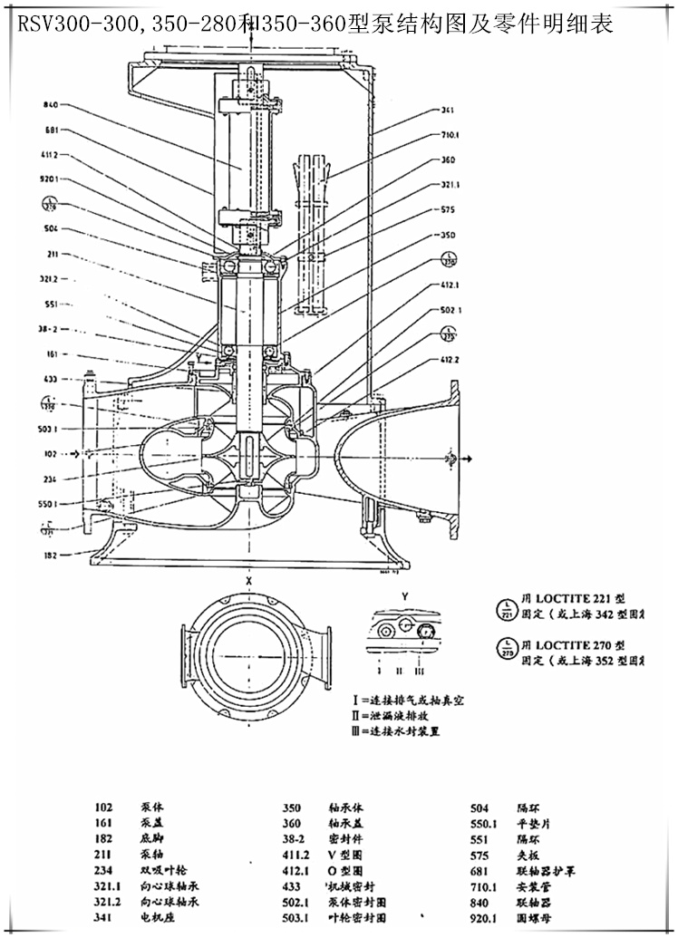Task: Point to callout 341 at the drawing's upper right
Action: coord(448,111)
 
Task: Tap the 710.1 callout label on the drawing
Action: coord(449,135)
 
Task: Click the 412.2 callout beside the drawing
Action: coord(448,361)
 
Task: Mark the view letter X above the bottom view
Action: coord(248,577)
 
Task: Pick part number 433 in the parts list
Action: coord(292,885)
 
